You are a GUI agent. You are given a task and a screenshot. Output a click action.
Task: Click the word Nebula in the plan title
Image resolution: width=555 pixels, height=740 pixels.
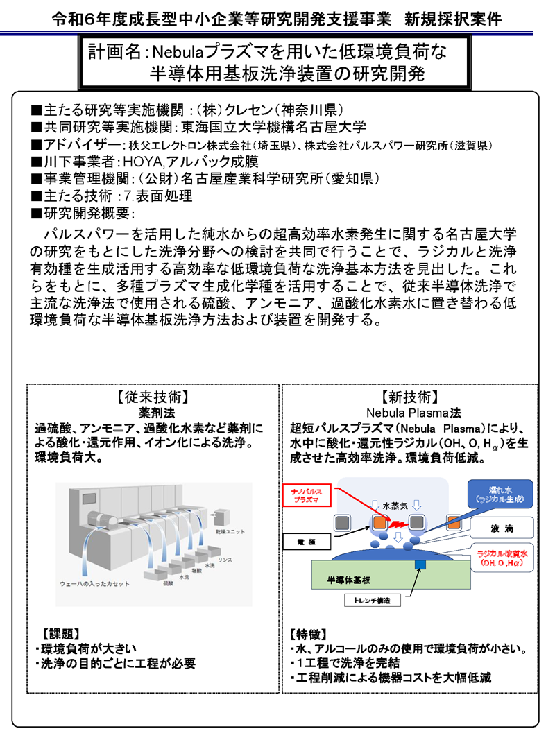tap(176, 52)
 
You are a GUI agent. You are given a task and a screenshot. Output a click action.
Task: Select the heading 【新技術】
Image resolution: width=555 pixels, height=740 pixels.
tap(409, 397)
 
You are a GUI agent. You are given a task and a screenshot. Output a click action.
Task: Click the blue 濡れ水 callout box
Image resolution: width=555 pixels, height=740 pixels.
tap(499, 492)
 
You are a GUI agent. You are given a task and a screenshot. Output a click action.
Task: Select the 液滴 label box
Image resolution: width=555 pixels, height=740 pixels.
tap(499, 528)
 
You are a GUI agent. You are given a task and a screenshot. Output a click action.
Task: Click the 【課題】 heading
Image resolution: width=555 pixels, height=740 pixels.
tap(60, 633)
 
